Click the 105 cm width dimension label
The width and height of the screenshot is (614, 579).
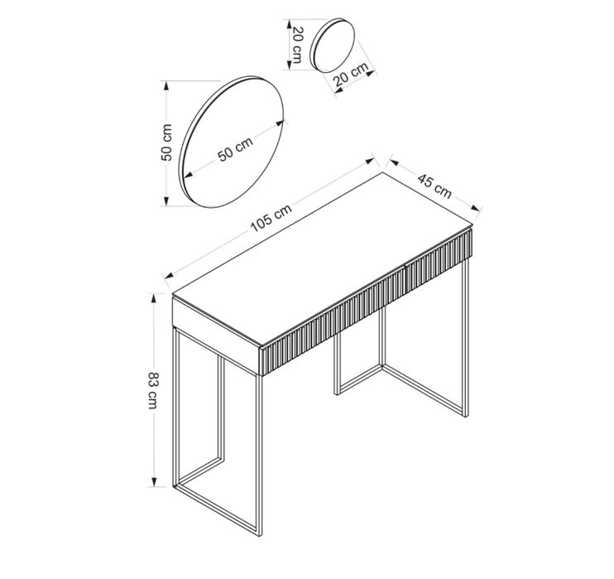click(271, 218)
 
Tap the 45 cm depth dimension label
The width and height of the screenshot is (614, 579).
click(434, 186)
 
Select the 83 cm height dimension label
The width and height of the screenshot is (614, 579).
click(153, 390)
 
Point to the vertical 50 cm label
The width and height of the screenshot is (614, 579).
click(166, 142)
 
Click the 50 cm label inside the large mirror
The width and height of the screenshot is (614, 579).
click(235, 148)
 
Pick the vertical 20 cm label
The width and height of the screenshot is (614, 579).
click(298, 45)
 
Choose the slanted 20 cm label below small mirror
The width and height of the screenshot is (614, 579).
click(351, 75)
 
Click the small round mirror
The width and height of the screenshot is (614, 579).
click(333, 45)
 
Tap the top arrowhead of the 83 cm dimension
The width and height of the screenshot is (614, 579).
click(154, 299)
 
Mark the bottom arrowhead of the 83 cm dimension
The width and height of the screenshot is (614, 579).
click(154, 481)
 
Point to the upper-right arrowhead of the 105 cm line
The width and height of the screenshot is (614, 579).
click(370, 161)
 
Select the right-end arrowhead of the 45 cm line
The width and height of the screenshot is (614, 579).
click(476, 209)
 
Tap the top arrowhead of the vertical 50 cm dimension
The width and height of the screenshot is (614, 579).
click(166, 87)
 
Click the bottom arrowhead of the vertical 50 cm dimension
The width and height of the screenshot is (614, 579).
click(166, 200)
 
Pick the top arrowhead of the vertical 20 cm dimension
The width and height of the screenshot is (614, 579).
click(290, 24)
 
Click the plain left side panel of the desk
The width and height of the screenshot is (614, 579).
click(216, 335)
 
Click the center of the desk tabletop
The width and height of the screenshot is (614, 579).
click(322, 259)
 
